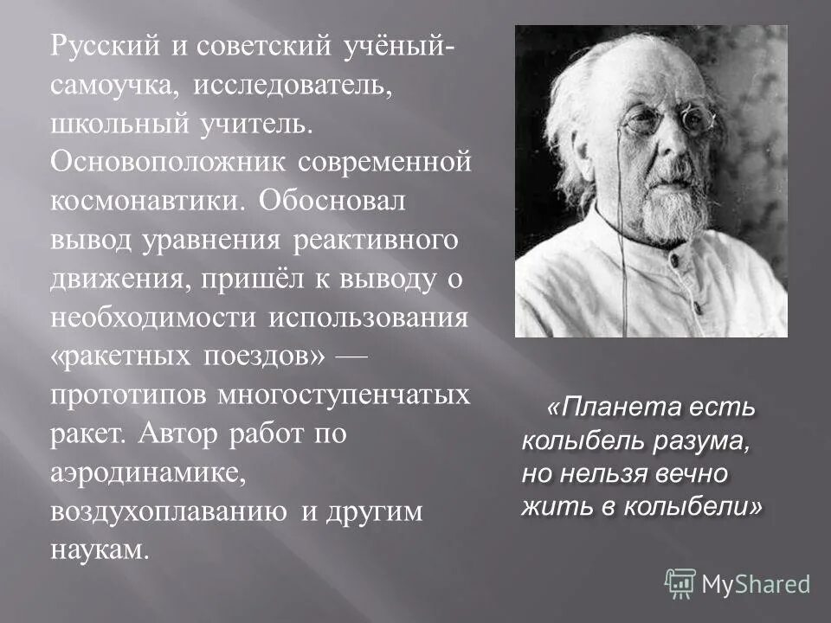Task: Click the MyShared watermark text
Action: pyautogui.click(x=756, y=584)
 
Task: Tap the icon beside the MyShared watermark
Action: pyautogui.click(x=680, y=582)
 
